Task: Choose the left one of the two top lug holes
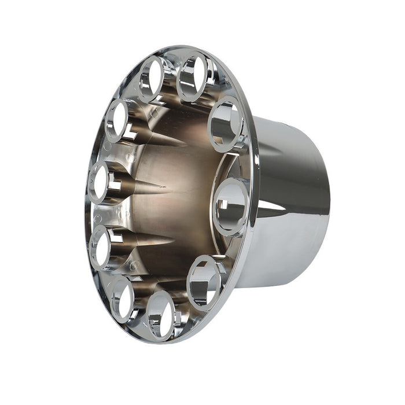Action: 152,79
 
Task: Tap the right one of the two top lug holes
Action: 193,76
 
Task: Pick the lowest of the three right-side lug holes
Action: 203,282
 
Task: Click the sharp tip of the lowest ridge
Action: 174,238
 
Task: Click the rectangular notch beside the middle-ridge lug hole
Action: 116,186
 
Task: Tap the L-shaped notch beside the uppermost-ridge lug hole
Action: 130,134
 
